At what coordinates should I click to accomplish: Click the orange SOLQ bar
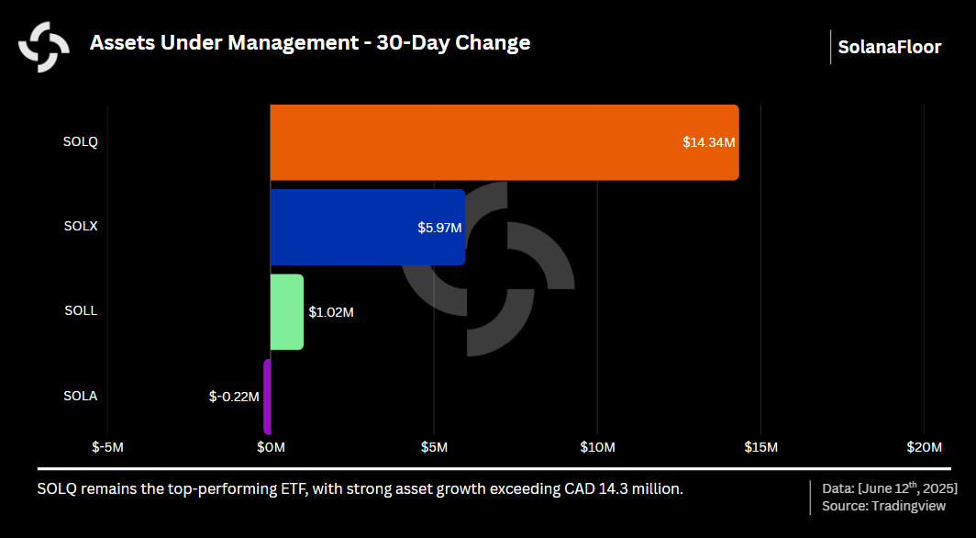pyautogui.click(x=504, y=142)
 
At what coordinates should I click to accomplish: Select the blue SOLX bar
pyautogui.click(x=367, y=227)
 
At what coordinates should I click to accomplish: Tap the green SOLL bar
pyautogui.click(x=287, y=311)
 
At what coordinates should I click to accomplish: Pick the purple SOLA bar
pyautogui.click(x=267, y=397)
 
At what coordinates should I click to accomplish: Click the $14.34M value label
pyautogui.click(x=709, y=142)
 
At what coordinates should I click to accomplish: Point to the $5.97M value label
pyautogui.click(x=438, y=227)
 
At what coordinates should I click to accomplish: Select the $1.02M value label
pyautogui.click(x=331, y=312)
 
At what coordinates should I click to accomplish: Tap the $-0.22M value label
pyautogui.click(x=234, y=397)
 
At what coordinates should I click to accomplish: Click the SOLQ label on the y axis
pyautogui.click(x=81, y=141)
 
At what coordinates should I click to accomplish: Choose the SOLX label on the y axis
pyautogui.click(x=81, y=226)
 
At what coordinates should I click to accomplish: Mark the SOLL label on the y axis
pyautogui.click(x=81, y=310)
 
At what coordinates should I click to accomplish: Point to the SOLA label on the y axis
pyautogui.click(x=81, y=396)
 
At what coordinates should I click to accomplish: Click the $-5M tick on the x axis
pyautogui.click(x=107, y=447)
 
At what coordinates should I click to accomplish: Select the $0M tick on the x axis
pyautogui.click(x=271, y=447)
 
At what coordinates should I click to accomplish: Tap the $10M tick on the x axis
pyautogui.click(x=597, y=447)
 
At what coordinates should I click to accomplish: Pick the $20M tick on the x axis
pyautogui.click(x=924, y=447)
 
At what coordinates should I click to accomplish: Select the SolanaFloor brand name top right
pyautogui.click(x=889, y=47)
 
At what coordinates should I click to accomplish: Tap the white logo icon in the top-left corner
pyautogui.click(x=44, y=46)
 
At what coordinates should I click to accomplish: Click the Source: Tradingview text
pyautogui.click(x=884, y=506)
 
